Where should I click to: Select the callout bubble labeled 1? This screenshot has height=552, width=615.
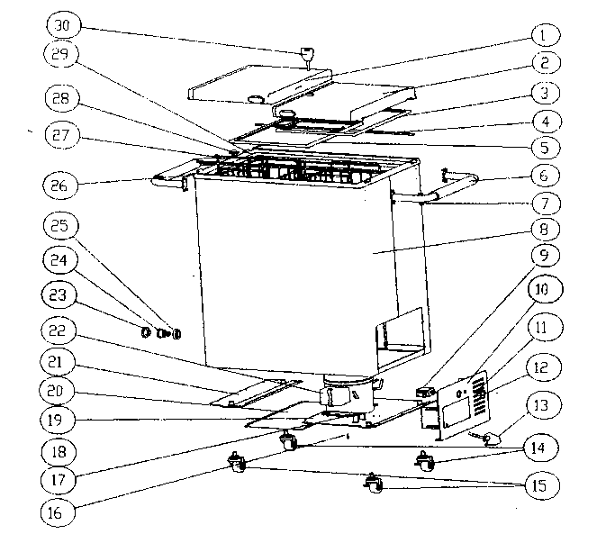pos(543,35)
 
